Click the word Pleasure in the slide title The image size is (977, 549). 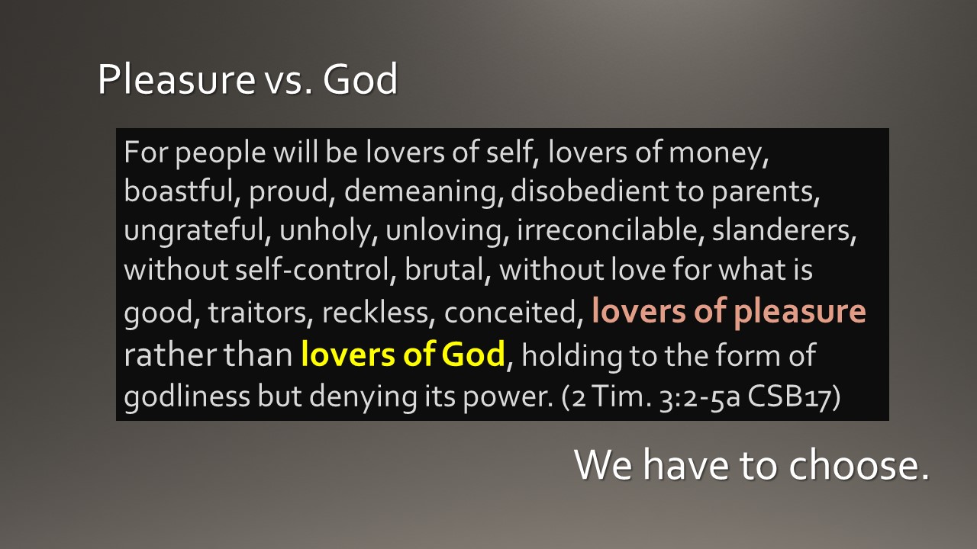pos(174,80)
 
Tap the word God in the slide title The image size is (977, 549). pos(360,80)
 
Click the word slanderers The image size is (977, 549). pos(784,232)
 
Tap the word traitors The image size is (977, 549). pos(260,313)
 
